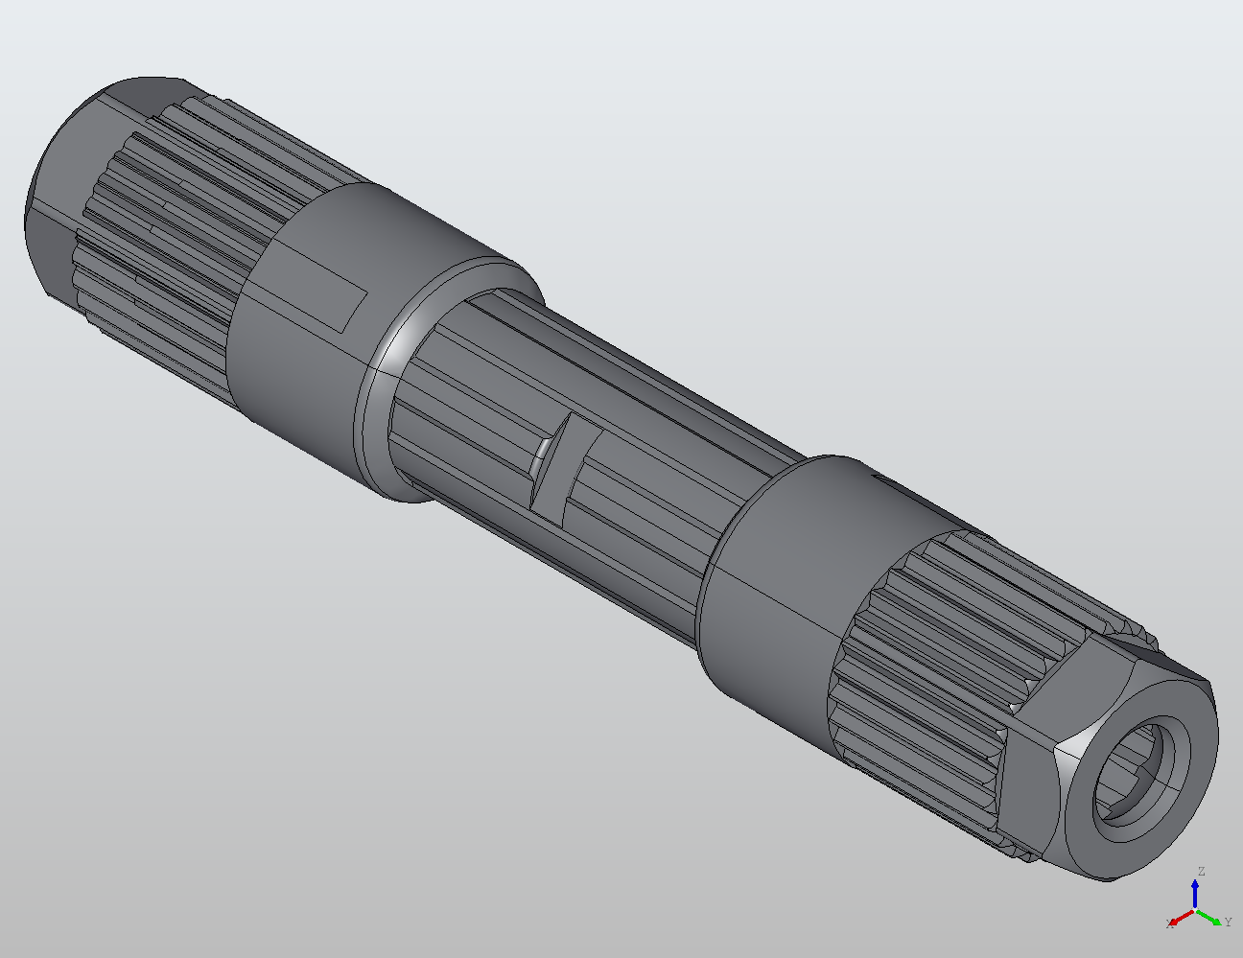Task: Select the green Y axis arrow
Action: point(1211,916)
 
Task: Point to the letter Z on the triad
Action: point(1200,872)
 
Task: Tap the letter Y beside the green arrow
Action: point(1228,923)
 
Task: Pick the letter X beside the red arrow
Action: point(1169,923)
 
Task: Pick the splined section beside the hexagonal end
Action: point(921,652)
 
